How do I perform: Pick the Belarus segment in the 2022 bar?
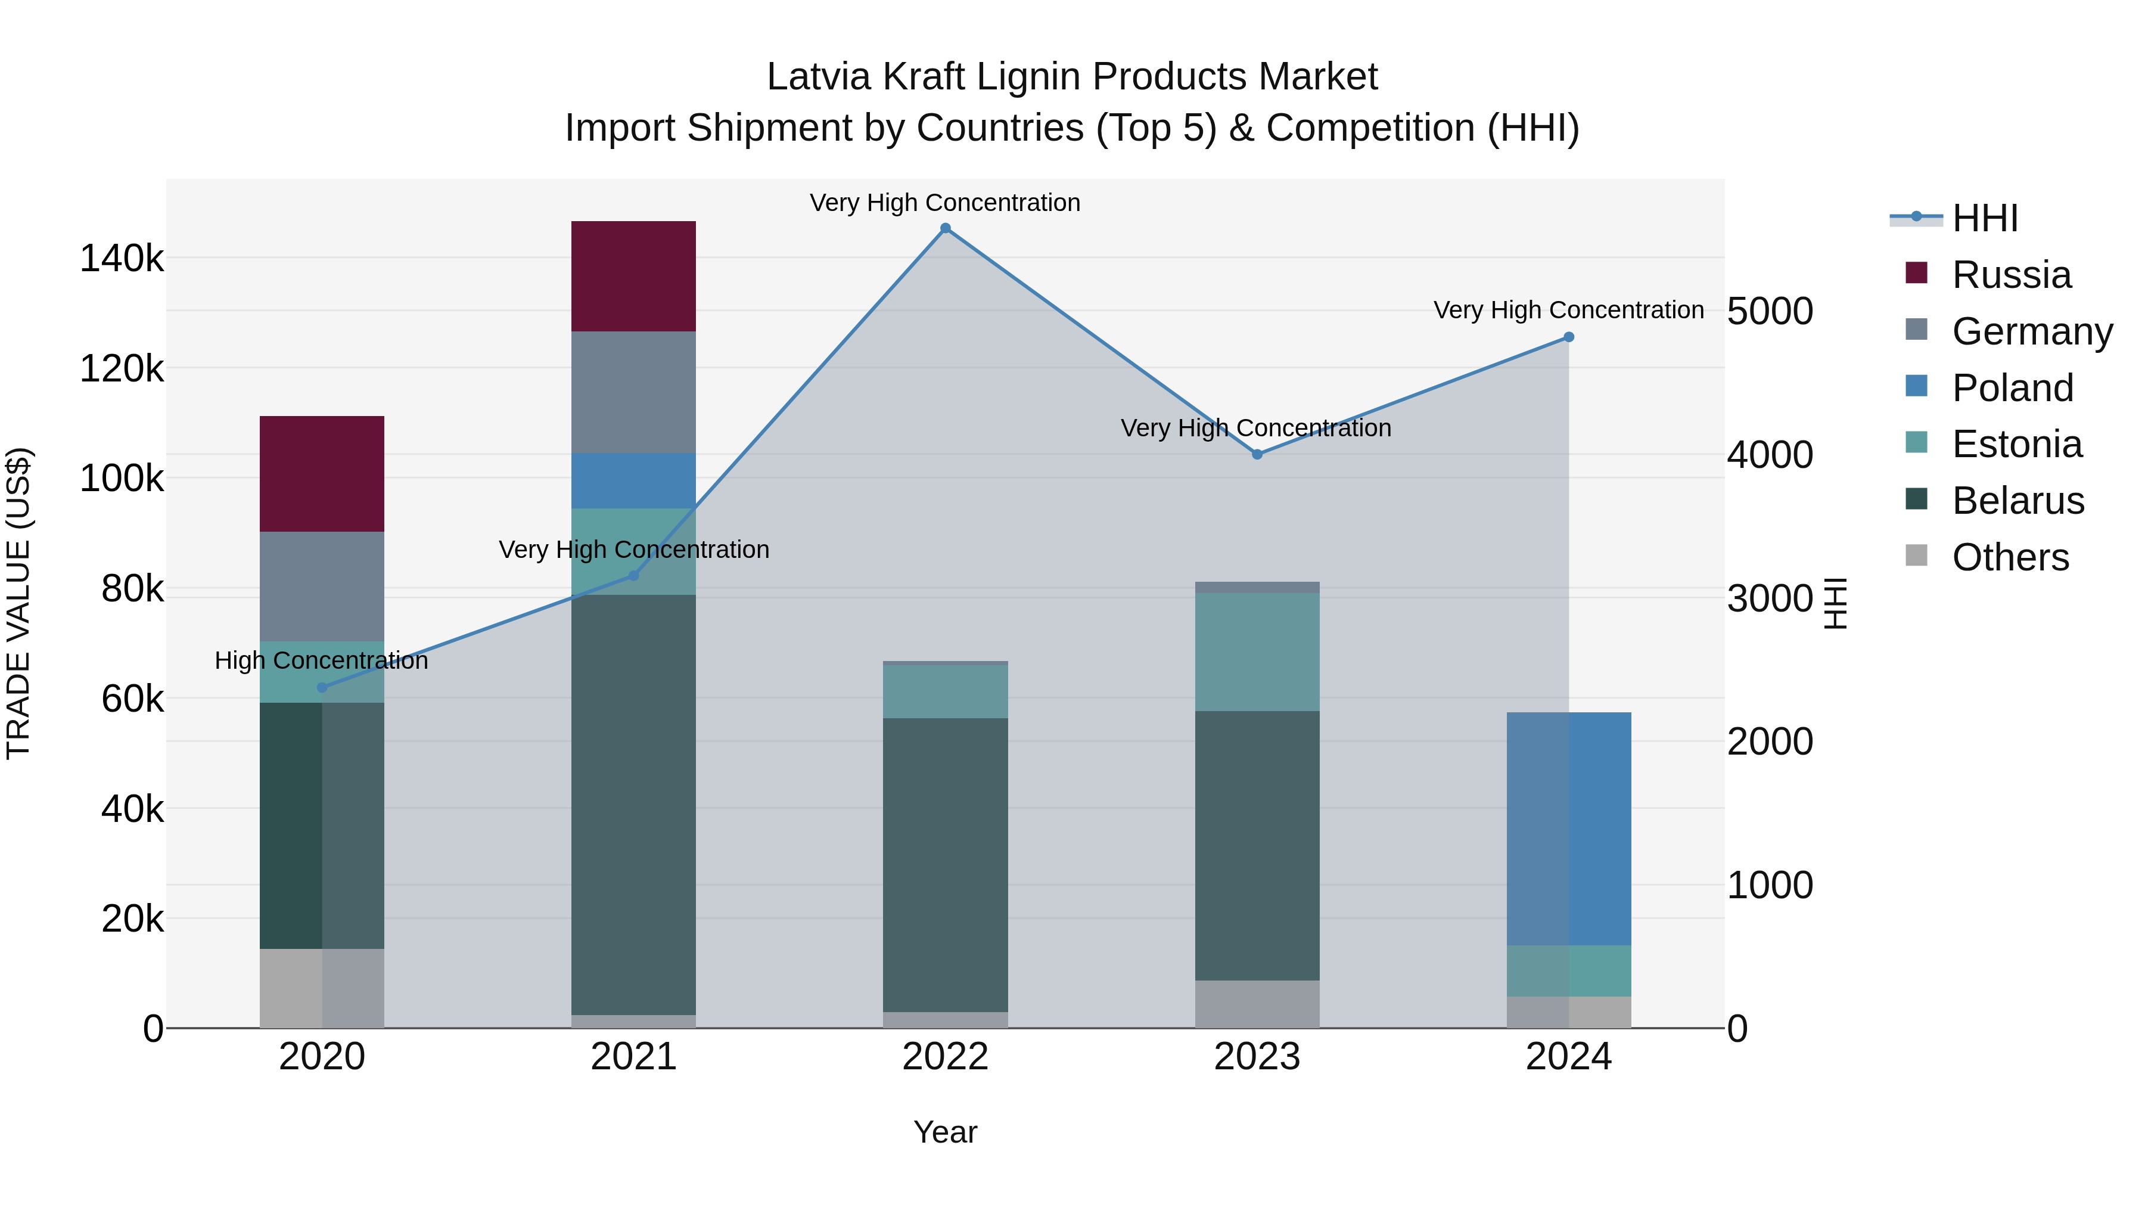pos(945,865)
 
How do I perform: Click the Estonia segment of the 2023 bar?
pos(1257,651)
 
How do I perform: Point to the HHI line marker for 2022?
pos(945,228)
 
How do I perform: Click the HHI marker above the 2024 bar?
pos(1569,337)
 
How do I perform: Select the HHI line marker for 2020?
pos(322,687)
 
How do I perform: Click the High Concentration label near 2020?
pos(321,660)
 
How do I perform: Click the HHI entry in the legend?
pos(1985,218)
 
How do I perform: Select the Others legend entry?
pos(2010,557)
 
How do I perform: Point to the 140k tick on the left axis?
pos(122,258)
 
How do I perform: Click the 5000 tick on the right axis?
pos(1770,312)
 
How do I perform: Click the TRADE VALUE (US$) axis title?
pos(18,603)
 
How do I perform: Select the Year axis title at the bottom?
pos(945,1132)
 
